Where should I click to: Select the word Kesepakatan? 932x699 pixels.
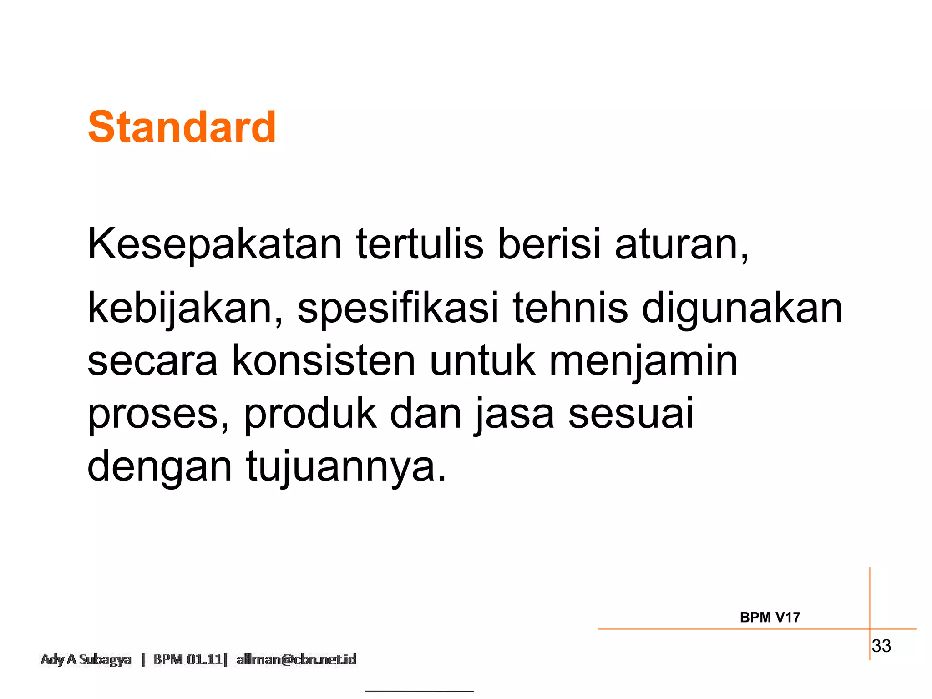(214, 244)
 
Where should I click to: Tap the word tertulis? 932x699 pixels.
(420, 244)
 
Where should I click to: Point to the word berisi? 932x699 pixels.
(549, 244)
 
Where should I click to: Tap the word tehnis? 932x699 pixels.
(570, 308)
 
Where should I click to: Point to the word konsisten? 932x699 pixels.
(324, 361)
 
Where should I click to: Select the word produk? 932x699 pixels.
(310, 413)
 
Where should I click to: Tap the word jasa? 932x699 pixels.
(514, 414)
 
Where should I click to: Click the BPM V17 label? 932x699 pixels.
(770, 618)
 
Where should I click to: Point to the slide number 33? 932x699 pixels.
(881, 646)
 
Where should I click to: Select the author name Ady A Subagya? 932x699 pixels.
(86, 659)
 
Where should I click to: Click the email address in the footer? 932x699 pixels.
(296, 659)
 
